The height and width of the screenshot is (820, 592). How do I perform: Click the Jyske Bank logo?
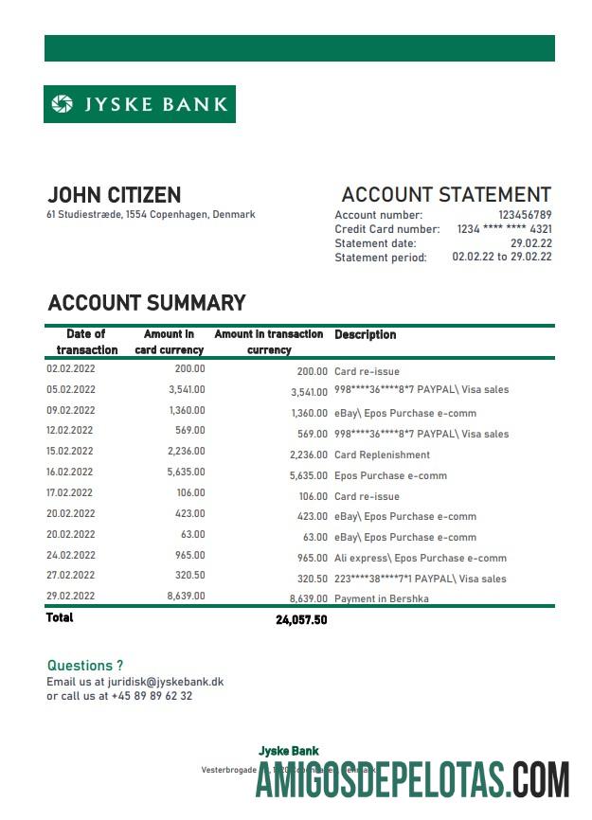pyautogui.click(x=139, y=104)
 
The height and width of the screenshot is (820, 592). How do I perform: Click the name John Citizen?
pyautogui.click(x=114, y=195)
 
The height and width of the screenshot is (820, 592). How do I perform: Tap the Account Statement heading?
pyautogui.click(x=446, y=195)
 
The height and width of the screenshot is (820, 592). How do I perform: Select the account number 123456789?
pyautogui.click(x=525, y=215)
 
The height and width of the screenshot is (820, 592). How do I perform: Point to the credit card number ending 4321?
pyautogui.click(x=505, y=229)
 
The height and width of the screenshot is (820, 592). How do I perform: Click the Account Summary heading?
pyautogui.click(x=147, y=303)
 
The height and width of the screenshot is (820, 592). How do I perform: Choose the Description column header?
pyautogui.click(x=366, y=334)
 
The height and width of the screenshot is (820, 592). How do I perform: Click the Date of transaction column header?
pyautogui.click(x=86, y=342)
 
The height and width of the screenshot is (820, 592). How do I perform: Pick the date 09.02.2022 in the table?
pyautogui.click(x=71, y=411)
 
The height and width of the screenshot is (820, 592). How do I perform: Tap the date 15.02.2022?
pyautogui.click(x=71, y=452)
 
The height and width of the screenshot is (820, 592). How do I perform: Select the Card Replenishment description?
pyautogui.click(x=382, y=455)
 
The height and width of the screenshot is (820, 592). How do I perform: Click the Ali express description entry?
pyautogui.click(x=421, y=558)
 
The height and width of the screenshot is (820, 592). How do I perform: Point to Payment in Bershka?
pyautogui.click(x=382, y=598)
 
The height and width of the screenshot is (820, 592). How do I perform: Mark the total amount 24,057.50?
pyautogui.click(x=301, y=619)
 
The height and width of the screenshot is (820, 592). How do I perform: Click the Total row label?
pyautogui.click(x=60, y=617)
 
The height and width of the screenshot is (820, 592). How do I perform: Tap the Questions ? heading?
pyautogui.click(x=85, y=666)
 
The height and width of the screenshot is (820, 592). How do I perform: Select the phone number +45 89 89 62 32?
pyautogui.click(x=152, y=696)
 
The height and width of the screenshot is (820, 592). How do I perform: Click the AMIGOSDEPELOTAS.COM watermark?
pyautogui.click(x=413, y=778)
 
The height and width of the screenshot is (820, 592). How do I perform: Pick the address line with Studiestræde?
pyautogui.click(x=151, y=215)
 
